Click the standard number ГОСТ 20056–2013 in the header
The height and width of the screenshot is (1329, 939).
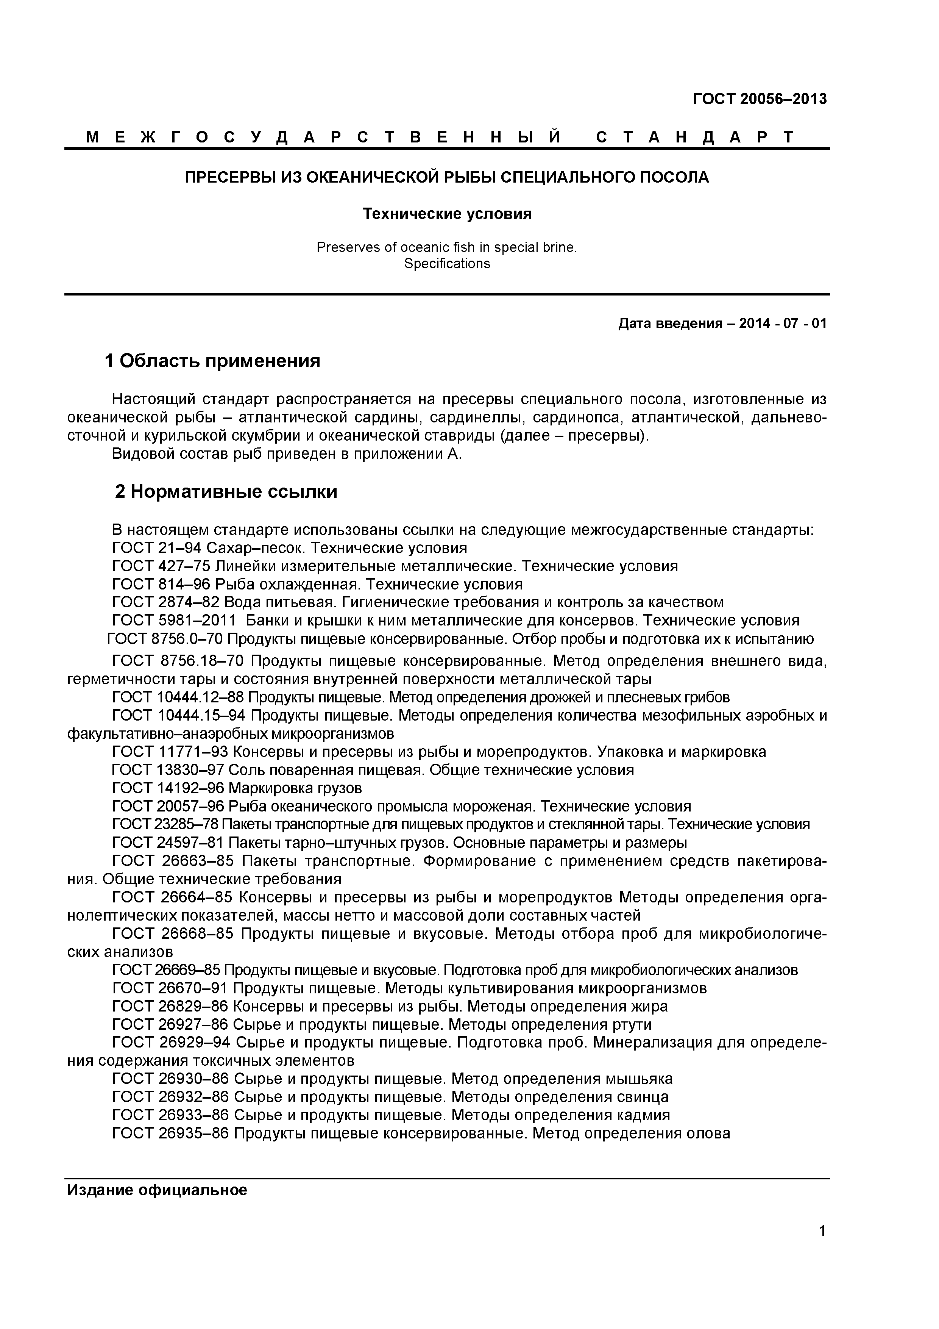click(x=760, y=99)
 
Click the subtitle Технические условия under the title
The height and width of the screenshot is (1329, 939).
click(x=447, y=214)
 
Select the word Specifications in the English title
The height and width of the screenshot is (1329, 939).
click(x=447, y=264)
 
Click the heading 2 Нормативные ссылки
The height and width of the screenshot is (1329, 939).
click(x=226, y=492)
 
